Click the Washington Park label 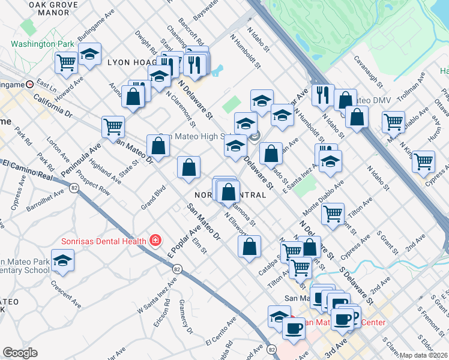[x=42, y=44]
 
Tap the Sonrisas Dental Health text [x=104, y=241]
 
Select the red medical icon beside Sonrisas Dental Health [x=155, y=241]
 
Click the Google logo [x=20, y=353]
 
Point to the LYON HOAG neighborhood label [x=131, y=62]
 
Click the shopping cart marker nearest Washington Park [x=66, y=61]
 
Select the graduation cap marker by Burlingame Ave [x=89, y=55]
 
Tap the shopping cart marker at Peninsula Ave [x=113, y=127]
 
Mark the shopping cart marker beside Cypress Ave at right [x=423, y=161]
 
